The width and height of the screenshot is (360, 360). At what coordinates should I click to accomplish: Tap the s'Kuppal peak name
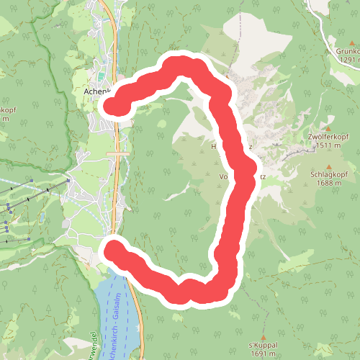[x=264, y=346]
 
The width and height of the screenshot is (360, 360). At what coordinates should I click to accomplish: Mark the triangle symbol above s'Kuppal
[x=264, y=337]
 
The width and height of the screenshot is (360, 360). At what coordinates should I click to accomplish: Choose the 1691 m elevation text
[x=264, y=354]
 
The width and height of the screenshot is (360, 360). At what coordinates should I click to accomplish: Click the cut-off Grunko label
[x=347, y=51]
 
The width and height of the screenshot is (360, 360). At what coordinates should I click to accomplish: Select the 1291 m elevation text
[x=347, y=60]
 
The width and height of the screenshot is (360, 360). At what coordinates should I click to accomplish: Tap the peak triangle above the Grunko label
[x=335, y=42]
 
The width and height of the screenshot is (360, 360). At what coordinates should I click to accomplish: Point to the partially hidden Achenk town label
[x=96, y=92]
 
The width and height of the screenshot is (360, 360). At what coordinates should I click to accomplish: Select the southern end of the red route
[x=114, y=249]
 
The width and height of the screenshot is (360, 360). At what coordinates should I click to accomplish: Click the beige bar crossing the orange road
[x=117, y=154]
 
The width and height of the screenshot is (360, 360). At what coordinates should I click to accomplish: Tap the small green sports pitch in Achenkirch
[x=102, y=76]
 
